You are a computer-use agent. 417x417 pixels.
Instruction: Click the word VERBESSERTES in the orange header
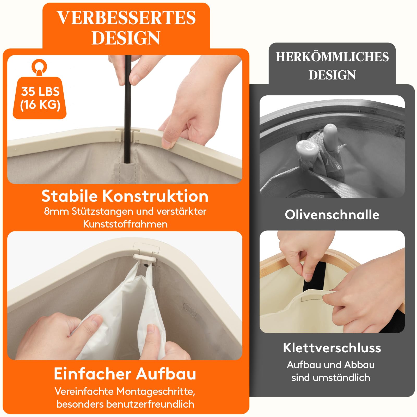click(x=126, y=18)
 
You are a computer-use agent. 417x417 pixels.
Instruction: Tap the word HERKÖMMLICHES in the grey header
click(x=332, y=57)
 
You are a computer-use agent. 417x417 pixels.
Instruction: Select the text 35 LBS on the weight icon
click(x=40, y=91)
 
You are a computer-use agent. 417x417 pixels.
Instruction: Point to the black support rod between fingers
click(x=127, y=104)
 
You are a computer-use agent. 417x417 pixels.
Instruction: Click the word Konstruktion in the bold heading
click(x=155, y=196)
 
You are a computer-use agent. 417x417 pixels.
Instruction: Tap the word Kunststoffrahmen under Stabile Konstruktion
click(x=125, y=224)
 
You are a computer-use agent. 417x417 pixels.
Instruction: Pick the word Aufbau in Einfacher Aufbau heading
click(x=166, y=374)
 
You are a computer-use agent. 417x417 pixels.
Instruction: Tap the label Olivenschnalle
click(x=332, y=215)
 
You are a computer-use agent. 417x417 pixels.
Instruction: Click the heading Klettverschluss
click(x=332, y=348)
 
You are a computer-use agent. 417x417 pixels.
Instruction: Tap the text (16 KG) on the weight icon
click(x=40, y=105)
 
